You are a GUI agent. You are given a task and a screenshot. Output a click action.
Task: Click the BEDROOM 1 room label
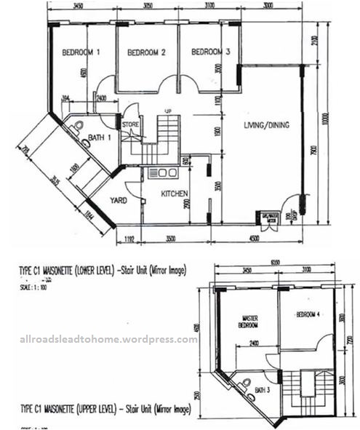pyautogui.click(x=81, y=52)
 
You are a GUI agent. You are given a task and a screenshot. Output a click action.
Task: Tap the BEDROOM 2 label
pyautogui.click(x=147, y=52)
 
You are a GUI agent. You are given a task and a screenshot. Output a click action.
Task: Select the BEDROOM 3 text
pyautogui.click(x=211, y=52)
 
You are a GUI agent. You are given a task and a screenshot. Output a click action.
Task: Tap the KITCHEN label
pyautogui.click(x=175, y=194)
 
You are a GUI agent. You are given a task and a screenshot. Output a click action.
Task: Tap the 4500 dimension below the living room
pyautogui.click(x=260, y=238)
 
